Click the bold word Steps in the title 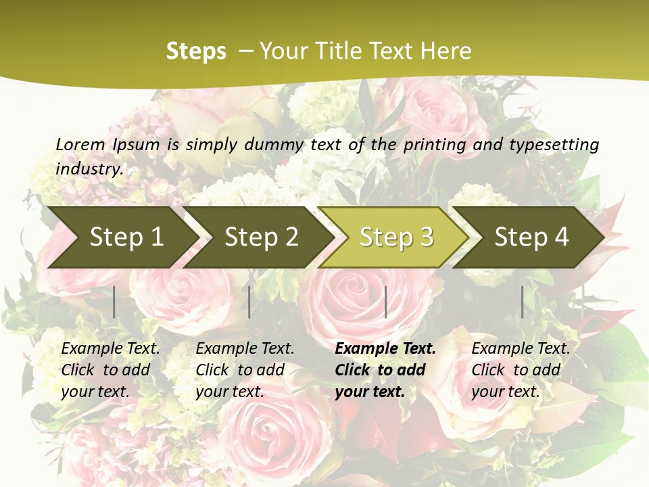(x=196, y=51)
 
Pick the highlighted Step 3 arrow (x=396, y=237)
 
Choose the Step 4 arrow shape (x=531, y=237)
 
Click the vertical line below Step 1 (x=114, y=302)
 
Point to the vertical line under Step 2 (x=249, y=302)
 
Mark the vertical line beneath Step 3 (x=385, y=302)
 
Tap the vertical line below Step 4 (x=522, y=302)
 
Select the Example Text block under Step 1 (x=110, y=370)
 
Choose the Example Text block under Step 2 (x=245, y=370)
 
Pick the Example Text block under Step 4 (x=521, y=370)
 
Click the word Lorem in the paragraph (x=80, y=144)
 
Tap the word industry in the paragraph (x=89, y=169)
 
